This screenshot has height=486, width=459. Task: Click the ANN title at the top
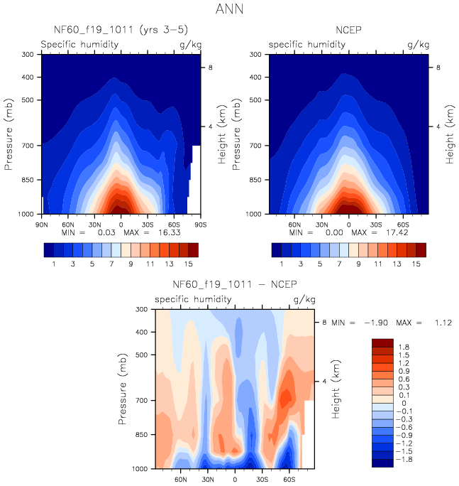[x=230, y=10]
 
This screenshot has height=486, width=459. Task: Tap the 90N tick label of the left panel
[x=41, y=224]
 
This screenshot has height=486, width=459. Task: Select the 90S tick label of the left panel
[x=201, y=224]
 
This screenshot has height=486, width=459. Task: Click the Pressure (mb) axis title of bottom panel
[x=124, y=389]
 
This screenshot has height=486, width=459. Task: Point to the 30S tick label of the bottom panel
[x=262, y=479]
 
